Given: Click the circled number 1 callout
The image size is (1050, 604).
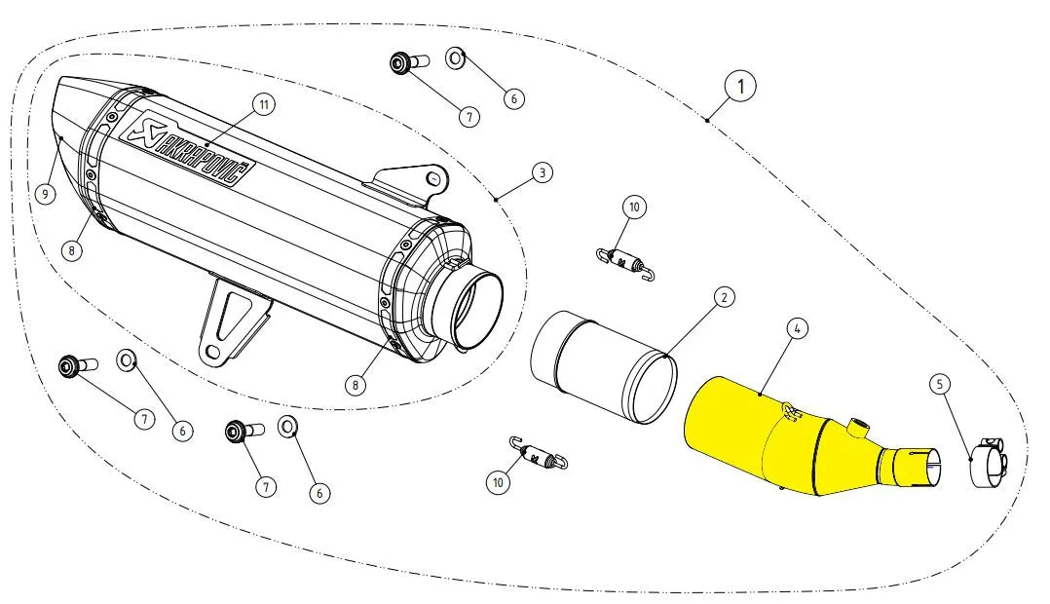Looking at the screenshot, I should (741, 86).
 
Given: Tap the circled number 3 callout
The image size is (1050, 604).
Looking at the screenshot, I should (543, 172).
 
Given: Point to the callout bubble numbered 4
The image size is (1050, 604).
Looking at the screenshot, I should (796, 329).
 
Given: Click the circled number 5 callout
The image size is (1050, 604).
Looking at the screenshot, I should (940, 384).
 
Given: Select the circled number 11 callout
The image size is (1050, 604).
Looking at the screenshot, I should (260, 103).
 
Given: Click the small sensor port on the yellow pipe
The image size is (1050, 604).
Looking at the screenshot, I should (858, 426).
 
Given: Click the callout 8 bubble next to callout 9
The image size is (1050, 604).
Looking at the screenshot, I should (72, 249).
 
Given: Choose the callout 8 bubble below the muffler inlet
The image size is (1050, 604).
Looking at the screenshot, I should (356, 384).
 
